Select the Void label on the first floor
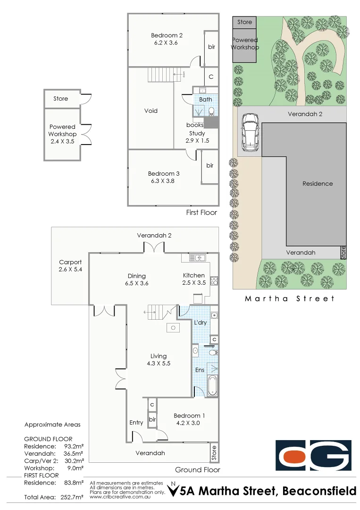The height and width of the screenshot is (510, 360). click(x=151, y=111)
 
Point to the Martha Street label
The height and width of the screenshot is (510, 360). click(x=290, y=298)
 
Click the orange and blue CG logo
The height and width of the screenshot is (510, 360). click(x=313, y=456)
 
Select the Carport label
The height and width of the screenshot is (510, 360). click(x=70, y=262)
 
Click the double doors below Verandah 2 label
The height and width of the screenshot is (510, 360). click(x=154, y=247)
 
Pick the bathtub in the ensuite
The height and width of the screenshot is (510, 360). click(x=212, y=385)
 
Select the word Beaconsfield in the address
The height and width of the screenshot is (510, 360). click(x=319, y=492)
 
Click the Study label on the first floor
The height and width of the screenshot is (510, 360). click(x=197, y=134)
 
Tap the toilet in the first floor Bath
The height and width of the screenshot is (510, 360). click(x=212, y=111)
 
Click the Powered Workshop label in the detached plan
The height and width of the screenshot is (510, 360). click(x=62, y=130)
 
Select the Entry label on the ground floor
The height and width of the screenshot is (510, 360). click(x=136, y=423)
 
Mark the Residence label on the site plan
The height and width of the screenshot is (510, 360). click(x=318, y=184)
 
